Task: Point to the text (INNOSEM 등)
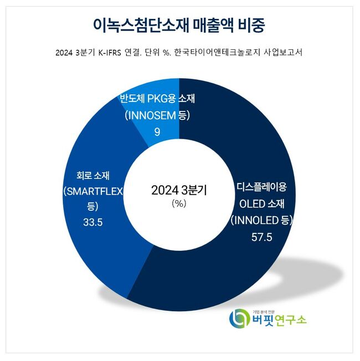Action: (157, 115)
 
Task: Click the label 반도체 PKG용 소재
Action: (158, 99)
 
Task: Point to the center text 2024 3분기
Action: (179, 190)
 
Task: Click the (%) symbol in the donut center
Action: (179, 204)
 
